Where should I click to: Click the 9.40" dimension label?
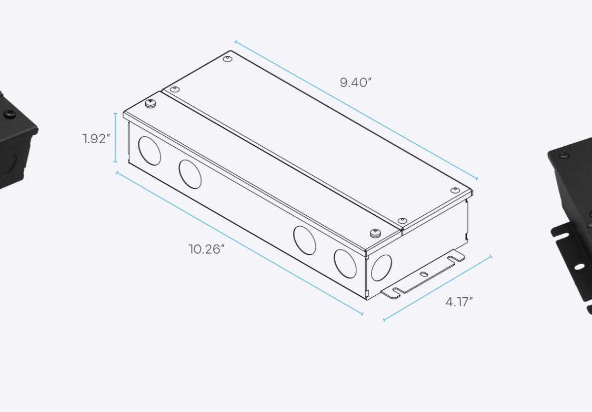(x=356, y=83)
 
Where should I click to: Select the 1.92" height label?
(x=96, y=139)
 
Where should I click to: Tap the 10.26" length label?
(x=207, y=249)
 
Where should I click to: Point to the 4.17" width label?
(x=459, y=302)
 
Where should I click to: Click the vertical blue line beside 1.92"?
(x=116, y=138)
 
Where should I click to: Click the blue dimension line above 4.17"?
(x=437, y=288)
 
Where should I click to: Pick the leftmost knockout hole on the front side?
(x=149, y=150)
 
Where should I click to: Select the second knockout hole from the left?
(x=190, y=174)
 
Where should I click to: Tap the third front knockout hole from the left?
(x=305, y=240)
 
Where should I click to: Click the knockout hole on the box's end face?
(x=382, y=268)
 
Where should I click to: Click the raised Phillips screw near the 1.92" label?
(x=151, y=103)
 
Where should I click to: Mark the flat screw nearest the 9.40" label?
(x=227, y=58)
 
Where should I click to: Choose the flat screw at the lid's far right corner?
(x=455, y=190)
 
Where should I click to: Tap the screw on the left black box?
(x=9, y=114)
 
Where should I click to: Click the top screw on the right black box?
(x=564, y=156)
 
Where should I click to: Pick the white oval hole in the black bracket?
(x=579, y=267)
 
